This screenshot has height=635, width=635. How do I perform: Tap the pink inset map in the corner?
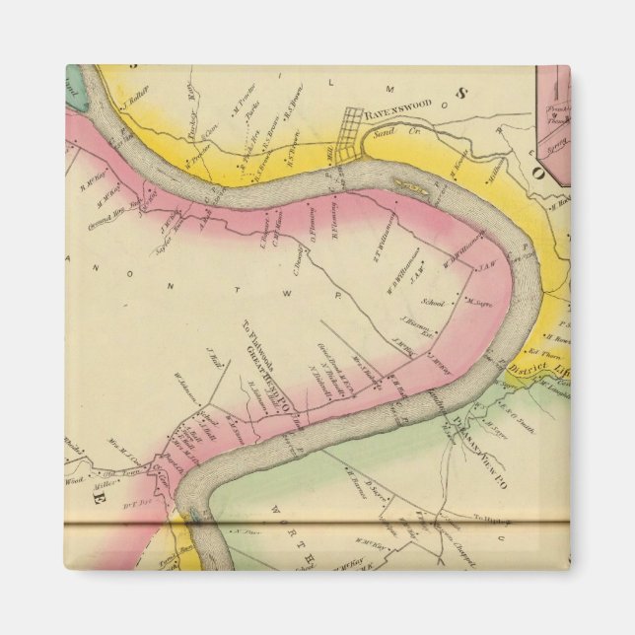553,123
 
